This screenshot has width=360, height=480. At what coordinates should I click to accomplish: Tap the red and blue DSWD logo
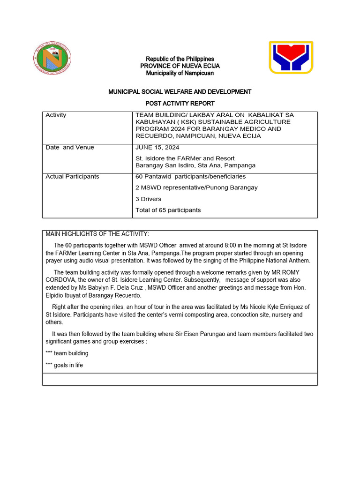(291, 57)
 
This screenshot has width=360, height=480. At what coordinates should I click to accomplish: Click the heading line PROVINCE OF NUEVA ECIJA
(180, 66)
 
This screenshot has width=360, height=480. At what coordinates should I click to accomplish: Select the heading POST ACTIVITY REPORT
(180, 103)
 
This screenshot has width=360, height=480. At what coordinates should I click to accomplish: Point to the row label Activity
(56, 115)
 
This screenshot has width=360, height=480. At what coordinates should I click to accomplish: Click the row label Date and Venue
(70, 148)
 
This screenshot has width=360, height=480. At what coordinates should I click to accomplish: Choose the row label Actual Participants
(72, 177)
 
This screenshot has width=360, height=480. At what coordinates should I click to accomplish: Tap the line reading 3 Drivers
(148, 199)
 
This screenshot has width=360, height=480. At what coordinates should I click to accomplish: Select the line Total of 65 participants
(168, 210)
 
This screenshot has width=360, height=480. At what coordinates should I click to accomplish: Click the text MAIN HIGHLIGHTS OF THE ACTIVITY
(97, 234)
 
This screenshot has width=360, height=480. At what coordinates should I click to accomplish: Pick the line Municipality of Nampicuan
(180, 73)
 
